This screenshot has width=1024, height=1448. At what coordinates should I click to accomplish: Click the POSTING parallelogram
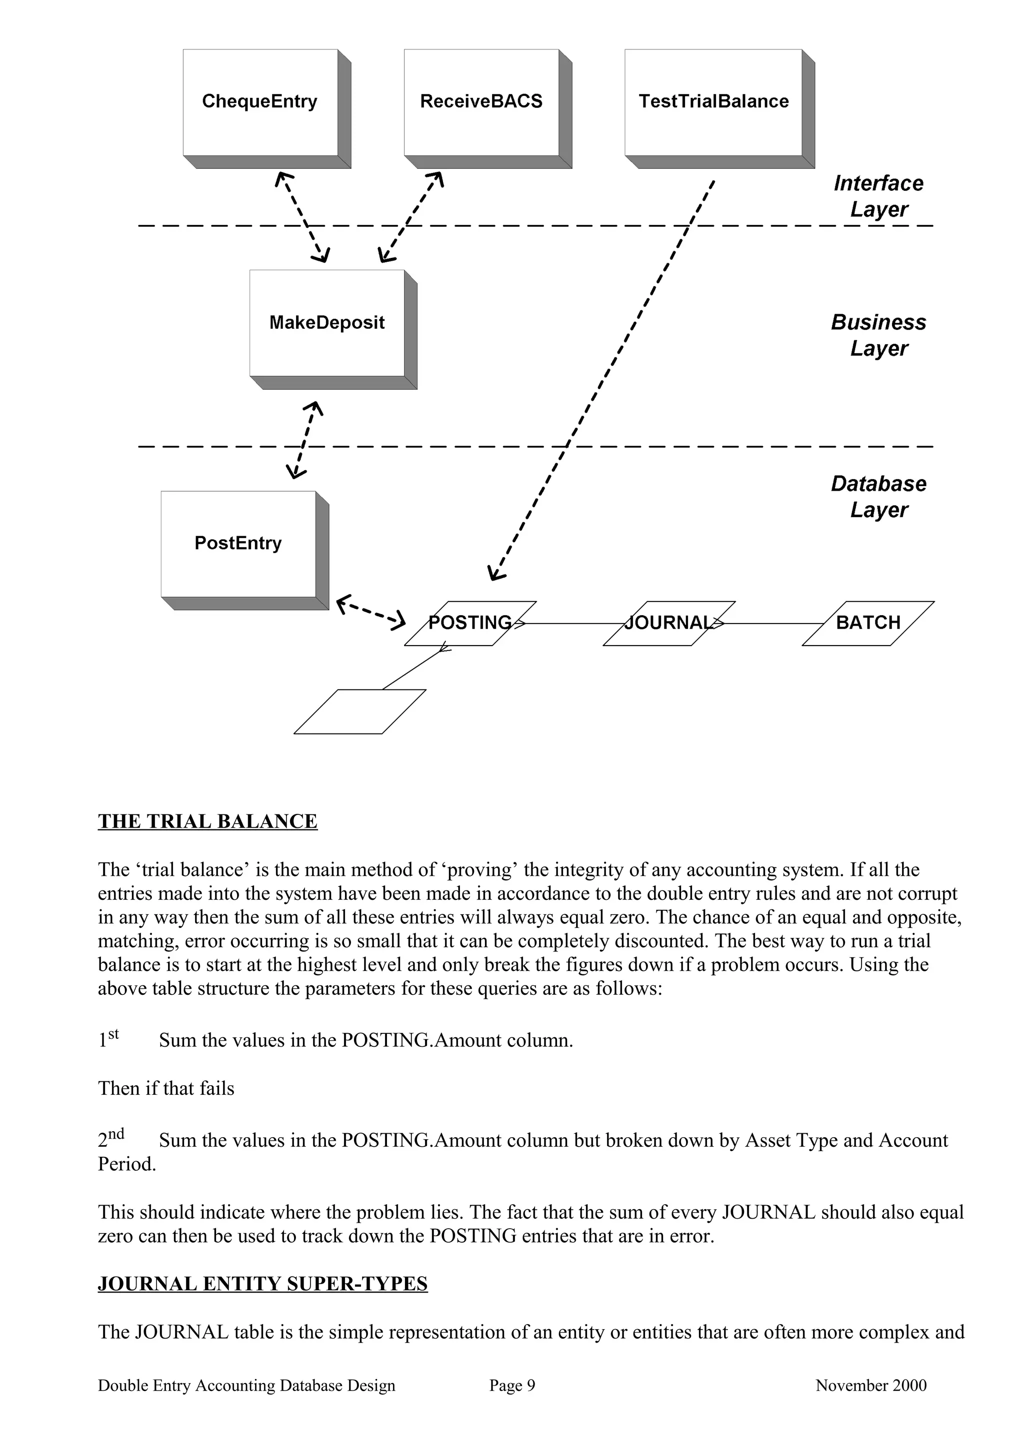470,623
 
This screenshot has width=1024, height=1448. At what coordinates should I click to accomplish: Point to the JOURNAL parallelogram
669,623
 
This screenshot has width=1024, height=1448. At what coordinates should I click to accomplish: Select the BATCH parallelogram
868,623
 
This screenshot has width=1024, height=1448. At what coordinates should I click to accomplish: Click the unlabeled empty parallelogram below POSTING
359,712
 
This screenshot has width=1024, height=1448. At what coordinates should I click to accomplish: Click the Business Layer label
878,335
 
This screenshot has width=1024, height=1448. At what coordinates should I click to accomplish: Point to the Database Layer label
878,496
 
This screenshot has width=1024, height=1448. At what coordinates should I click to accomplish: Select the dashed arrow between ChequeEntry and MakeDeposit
302,216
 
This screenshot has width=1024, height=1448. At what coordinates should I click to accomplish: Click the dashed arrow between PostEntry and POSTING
370,612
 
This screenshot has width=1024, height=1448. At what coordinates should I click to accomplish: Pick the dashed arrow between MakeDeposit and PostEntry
304,440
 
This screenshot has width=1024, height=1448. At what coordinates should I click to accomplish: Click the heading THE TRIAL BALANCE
207,822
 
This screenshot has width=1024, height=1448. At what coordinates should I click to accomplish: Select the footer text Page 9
511,1386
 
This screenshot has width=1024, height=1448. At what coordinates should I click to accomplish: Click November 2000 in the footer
870,1386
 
